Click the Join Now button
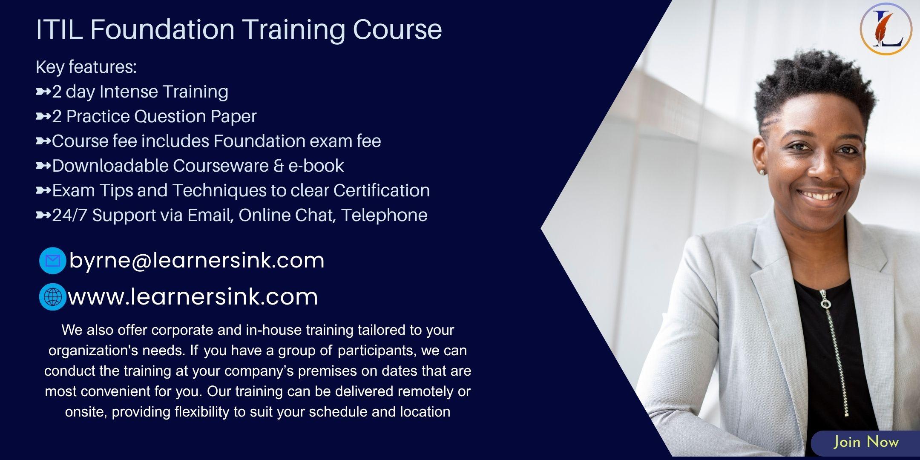point(865,442)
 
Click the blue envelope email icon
point(52,260)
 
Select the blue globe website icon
point(52,296)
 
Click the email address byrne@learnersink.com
point(197,261)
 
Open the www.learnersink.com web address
point(193,296)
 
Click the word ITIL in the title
point(59,29)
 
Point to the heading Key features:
point(86,67)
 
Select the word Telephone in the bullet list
point(384,215)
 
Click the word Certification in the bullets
point(381,190)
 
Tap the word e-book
point(316,166)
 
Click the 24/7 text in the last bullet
point(70,215)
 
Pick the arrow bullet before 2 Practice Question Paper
point(43,116)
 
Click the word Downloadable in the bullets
point(110,166)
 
